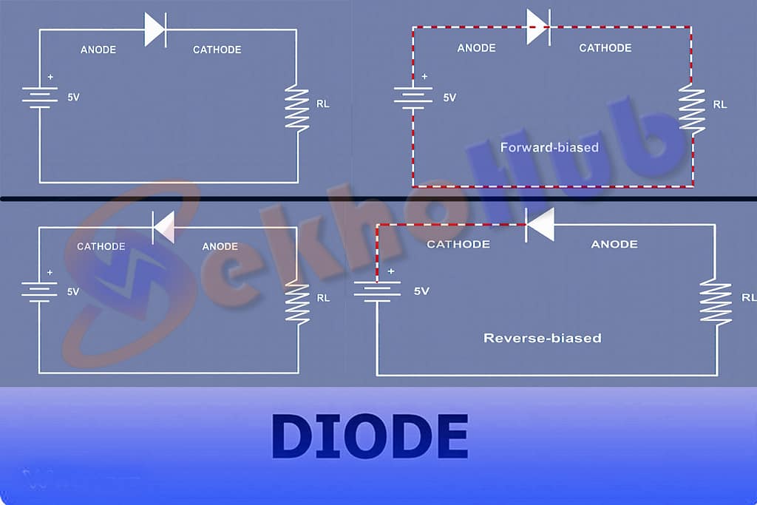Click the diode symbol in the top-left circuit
coord(155,30)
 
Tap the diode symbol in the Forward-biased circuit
coord(537,27)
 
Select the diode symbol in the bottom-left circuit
coord(163,227)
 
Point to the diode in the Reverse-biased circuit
coord(540,224)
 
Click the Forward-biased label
coord(549,147)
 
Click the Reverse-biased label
coord(542,338)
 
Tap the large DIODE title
coord(370,436)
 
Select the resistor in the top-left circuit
coord(297,108)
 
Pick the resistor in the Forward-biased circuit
coord(692,109)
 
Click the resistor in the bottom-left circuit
coord(297,303)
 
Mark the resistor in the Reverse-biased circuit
coord(716,300)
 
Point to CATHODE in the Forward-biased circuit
coord(605,48)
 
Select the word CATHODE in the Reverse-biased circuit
coord(458,244)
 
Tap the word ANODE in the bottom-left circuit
coord(220,246)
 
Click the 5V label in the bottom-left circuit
coord(73,291)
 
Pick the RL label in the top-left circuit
coord(323,104)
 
